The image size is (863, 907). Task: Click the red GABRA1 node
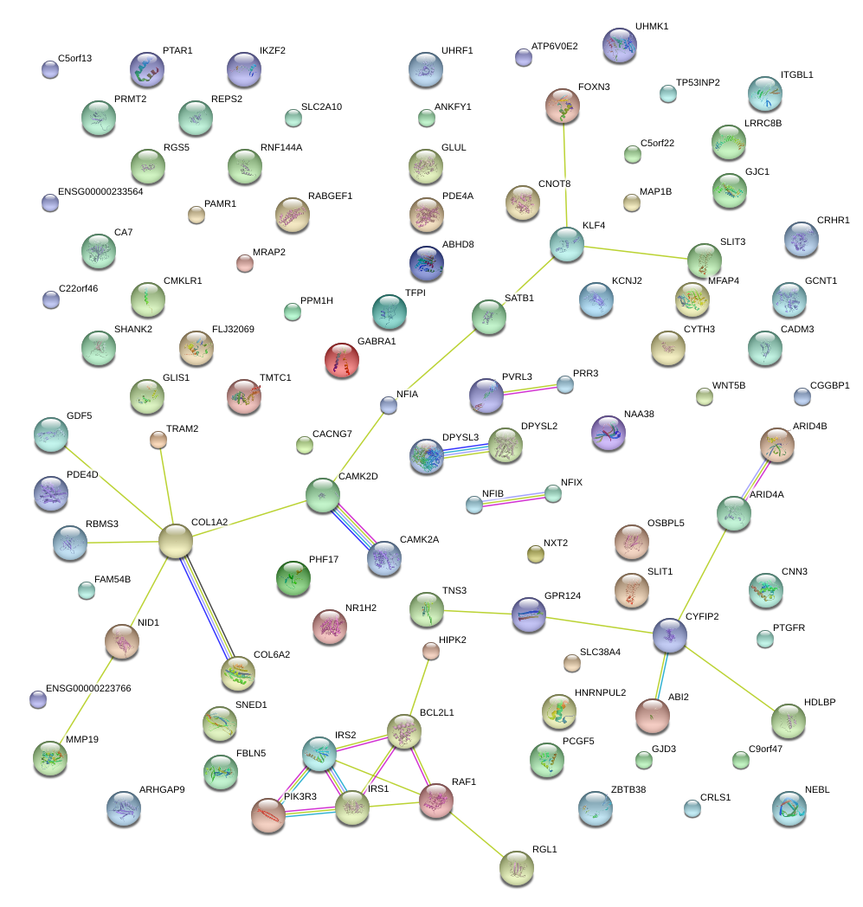[x=341, y=360]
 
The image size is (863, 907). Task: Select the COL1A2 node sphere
[x=175, y=541]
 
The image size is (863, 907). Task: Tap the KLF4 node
[x=566, y=244]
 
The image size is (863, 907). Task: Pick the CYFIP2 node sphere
[x=669, y=634]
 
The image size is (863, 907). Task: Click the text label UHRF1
[x=457, y=51]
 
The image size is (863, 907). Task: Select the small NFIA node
[x=389, y=404]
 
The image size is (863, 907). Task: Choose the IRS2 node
[x=319, y=754]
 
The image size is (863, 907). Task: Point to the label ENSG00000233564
[x=100, y=191]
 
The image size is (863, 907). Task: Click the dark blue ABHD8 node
[x=426, y=264]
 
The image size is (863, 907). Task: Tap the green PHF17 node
[x=292, y=578]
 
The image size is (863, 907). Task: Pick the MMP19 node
[x=48, y=758]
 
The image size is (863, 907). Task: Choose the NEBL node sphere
[x=789, y=807]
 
